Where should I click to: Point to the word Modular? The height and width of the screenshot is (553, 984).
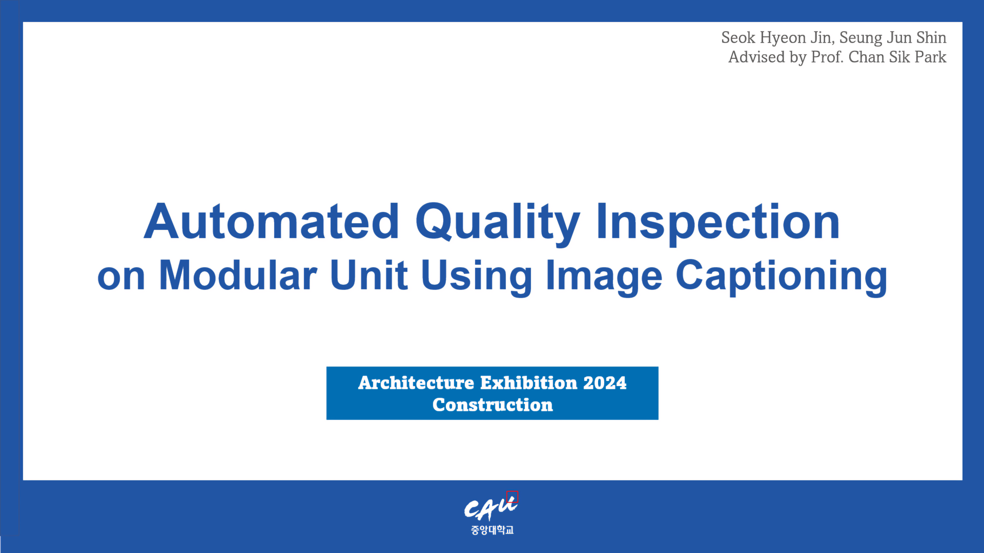238,275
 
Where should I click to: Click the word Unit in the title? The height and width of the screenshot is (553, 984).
369,275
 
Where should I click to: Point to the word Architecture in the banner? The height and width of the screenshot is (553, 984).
416,383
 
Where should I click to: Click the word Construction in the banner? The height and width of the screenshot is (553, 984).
492,405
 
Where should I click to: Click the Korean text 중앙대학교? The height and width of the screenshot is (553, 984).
492,530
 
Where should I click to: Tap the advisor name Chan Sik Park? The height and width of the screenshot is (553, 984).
897,57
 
